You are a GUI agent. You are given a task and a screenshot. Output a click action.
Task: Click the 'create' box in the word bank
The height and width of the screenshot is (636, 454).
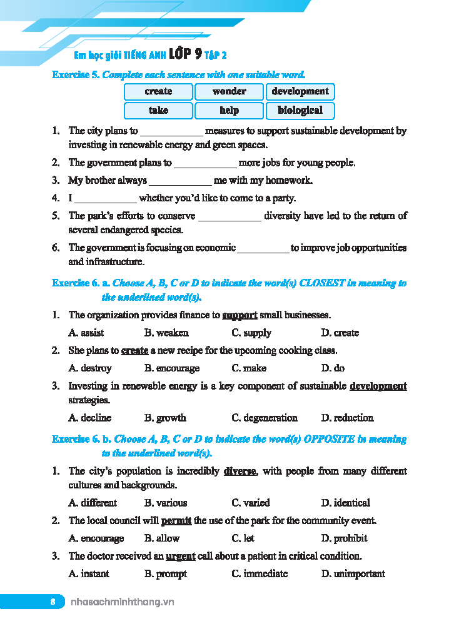(x=158, y=91)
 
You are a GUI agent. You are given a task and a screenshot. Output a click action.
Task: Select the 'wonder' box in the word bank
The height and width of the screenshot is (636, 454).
(x=229, y=91)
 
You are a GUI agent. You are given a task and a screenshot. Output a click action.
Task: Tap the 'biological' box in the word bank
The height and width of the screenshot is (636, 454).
(x=300, y=111)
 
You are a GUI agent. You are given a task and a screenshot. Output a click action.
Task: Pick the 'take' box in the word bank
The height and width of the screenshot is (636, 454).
(x=158, y=111)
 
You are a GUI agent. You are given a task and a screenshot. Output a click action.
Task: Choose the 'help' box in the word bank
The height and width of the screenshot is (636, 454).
(x=229, y=111)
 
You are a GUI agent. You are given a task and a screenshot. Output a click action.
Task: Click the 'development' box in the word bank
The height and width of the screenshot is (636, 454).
(x=300, y=91)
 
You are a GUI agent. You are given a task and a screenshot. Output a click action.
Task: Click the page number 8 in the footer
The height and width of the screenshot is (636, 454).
(x=53, y=602)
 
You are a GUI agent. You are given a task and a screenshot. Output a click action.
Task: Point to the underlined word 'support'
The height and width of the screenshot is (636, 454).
(x=240, y=315)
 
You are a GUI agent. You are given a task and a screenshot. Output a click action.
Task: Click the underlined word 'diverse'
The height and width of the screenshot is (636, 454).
(x=240, y=471)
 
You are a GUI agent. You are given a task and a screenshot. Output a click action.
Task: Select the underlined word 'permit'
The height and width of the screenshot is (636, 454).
(x=176, y=520)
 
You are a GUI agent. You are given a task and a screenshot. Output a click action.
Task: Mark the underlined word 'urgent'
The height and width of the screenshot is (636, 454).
(x=181, y=556)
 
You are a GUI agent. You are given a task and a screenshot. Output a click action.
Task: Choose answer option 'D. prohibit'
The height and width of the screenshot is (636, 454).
(x=344, y=538)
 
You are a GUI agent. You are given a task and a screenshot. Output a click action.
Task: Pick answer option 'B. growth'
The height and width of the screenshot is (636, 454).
(x=165, y=418)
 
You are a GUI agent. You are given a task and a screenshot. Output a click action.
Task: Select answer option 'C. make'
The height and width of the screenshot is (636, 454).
(x=249, y=368)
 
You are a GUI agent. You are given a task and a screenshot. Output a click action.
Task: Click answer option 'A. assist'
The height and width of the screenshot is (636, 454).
(x=86, y=333)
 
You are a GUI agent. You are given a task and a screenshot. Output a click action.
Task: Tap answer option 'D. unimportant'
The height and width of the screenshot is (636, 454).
(x=353, y=574)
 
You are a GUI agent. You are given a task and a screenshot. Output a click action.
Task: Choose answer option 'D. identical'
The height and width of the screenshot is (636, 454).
(x=345, y=503)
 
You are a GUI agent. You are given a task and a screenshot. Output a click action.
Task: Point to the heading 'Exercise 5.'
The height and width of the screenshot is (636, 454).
(x=76, y=75)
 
